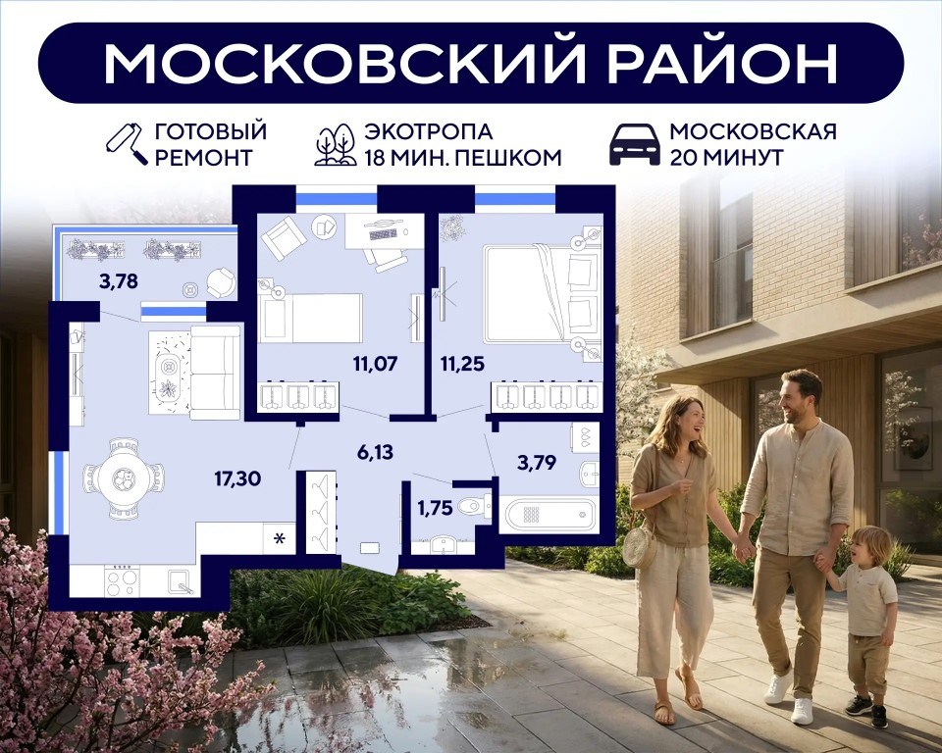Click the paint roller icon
(127, 144)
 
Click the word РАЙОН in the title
(723, 63)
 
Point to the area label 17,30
(237, 478)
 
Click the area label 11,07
(376, 364)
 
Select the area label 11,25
(462, 364)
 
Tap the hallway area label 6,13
(375, 452)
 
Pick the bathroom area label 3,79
(537, 463)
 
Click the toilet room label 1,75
(435, 508)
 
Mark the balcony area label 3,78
(119, 280)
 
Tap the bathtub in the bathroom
(550, 514)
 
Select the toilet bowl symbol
(474, 508)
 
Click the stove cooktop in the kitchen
(122, 580)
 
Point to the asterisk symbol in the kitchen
(280, 538)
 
